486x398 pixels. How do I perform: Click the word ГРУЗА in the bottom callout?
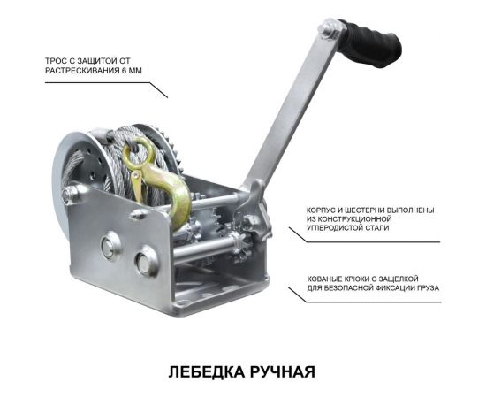click(x=423, y=288)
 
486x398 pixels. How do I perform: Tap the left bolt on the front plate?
click(x=108, y=248)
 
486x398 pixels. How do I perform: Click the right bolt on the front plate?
click(x=145, y=262)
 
